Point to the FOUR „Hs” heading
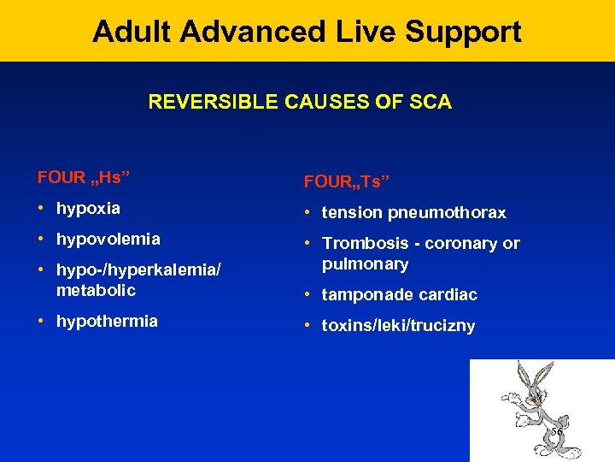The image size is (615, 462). [78, 178]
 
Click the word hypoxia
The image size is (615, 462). [88, 208]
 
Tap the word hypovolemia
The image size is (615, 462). [108, 239]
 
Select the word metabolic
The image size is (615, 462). [96, 290]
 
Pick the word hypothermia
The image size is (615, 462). [107, 321]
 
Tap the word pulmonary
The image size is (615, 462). [365, 264]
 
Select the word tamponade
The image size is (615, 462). [362, 294]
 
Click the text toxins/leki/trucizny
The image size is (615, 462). [398, 325]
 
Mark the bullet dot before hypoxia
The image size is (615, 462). [42, 208]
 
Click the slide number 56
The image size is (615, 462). [556, 432]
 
